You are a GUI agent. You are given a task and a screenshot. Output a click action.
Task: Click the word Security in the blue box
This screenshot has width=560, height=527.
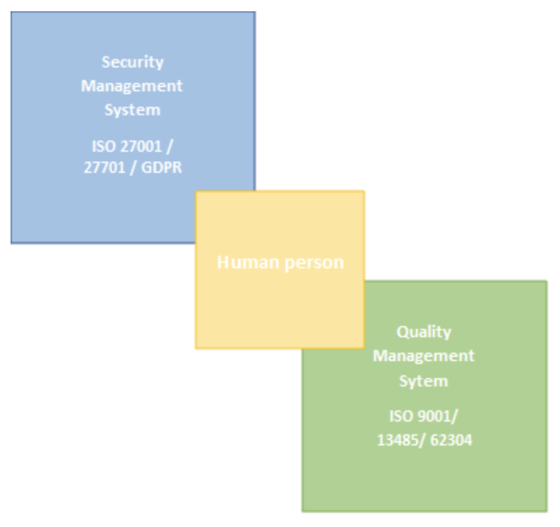point(133,62)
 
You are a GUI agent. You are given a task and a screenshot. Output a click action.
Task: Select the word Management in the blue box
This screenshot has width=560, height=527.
point(132,86)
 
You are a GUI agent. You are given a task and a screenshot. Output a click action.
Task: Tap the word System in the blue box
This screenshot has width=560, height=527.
point(132,110)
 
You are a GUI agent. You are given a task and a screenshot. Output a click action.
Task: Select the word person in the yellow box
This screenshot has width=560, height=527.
point(312,262)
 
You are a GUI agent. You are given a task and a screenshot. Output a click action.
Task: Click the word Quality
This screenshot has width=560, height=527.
point(423,332)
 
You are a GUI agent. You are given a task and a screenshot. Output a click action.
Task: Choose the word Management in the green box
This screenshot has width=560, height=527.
point(423,356)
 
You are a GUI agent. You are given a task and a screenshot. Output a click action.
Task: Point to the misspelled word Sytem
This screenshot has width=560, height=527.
point(423,381)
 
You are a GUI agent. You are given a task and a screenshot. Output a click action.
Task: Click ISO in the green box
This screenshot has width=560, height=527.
point(401,416)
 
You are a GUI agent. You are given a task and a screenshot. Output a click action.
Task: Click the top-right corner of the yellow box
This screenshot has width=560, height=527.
point(363,193)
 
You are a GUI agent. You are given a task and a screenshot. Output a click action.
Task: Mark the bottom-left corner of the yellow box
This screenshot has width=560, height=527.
point(197,346)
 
